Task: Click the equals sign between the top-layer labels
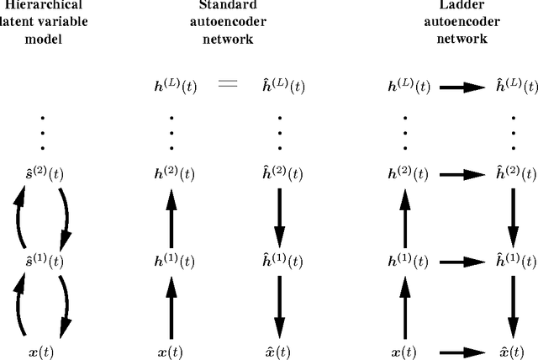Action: pos(228,86)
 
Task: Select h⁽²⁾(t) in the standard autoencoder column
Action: pos(173,174)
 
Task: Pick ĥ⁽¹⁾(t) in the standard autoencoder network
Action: pos(280,262)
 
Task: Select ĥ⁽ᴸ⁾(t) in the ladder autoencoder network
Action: pos(514,86)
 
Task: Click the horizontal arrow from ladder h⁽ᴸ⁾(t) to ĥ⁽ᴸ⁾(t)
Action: pos(460,86)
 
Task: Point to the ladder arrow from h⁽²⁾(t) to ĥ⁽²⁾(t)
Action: pos(460,175)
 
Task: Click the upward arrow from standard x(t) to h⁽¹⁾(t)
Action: pos(172,307)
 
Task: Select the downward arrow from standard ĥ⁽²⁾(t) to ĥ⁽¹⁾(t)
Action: pos(280,218)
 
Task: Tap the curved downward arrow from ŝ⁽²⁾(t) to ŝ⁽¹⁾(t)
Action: pos(66,217)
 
